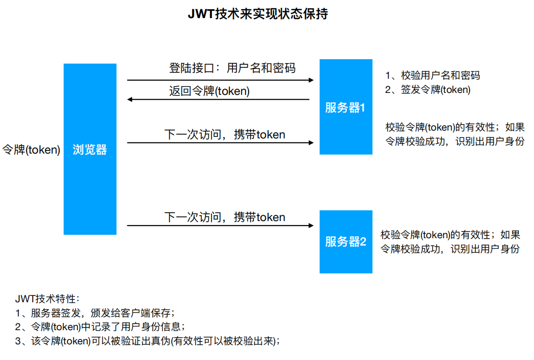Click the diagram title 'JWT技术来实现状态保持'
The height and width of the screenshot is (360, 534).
pyautogui.click(x=257, y=14)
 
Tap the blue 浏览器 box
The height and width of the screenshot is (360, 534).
pyautogui.click(x=90, y=149)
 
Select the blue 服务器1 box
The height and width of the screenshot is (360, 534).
pyautogui.click(x=346, y=107)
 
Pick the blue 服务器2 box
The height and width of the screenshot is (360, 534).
pyautogui.click(x=346, y=242)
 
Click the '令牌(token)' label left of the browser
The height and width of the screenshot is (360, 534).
pyautogui.click(x=31, y=150)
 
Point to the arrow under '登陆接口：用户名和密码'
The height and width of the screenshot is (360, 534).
pyautogui.click(x=220, y=80)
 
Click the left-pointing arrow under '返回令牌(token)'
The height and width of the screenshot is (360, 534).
pyautogui.click(x=218, y=99)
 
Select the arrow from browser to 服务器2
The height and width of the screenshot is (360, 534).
pyautogui.click(x=220, y=225)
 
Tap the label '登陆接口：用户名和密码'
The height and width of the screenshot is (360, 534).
pyautogui.click(x=232, y=67)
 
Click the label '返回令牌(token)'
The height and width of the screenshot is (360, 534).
pyautogui.click(x=209, y=91)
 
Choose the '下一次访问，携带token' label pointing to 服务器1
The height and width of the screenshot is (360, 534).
pyautogui.click(x=225, y=134)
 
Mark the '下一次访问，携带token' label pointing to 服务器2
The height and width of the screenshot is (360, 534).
pyautogui.click(x=225, y=217)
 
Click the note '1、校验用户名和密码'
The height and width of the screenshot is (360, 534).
pyautogui.click(x=432, y=75)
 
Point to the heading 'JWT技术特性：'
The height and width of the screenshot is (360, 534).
pyautogui.click(x=47, y=298)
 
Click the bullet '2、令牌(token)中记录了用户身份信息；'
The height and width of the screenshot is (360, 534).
pyautogui.click(x=100, y=326)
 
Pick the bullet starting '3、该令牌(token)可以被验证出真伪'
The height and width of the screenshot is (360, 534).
pyautogui.click(x=147, y=340)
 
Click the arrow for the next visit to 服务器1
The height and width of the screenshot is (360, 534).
pyautogui.click(x=220, y=143)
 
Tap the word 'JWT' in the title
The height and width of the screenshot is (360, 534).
pyautogui.click(x=199, y=14)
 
